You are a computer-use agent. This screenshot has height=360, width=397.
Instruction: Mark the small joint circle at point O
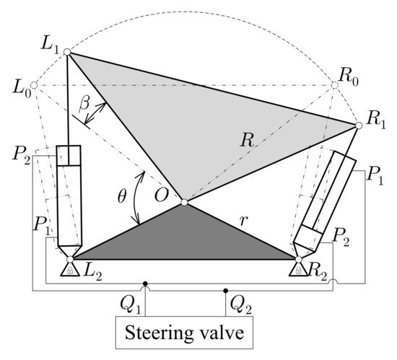click(183, 203)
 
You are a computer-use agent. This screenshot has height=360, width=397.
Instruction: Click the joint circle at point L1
click(66, 52)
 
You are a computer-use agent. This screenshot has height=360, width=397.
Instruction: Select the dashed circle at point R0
click(333, 86)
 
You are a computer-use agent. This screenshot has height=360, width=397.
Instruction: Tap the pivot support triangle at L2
click(69, 271)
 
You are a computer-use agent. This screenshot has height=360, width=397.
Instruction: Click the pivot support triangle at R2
click(297, 271)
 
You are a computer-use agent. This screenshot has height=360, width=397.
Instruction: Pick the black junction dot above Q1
click(145, 284)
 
